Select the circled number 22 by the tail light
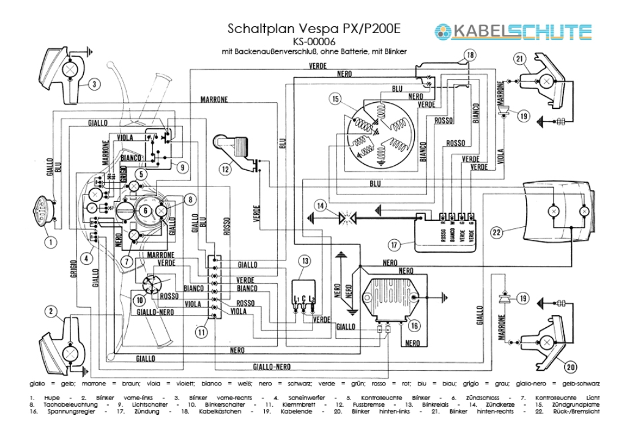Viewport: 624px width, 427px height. pyautogui.click(x=497, y=232)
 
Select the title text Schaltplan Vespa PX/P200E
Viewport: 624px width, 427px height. pyautogui.click(x=315, y=29)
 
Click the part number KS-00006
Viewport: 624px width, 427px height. pyautogui.click(x=315, y=42)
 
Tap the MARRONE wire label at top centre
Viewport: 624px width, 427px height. pyautogui.click(x=214, y=99)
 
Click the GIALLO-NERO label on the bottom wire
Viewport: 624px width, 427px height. pyautogui.click(x=272, y=367)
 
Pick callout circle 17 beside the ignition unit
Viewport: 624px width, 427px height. pyautogui.click(x=393, y=245)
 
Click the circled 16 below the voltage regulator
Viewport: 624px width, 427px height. pyautogui.click(x=414, y=325)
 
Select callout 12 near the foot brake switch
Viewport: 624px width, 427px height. pyautogui.click(x=226, y=167)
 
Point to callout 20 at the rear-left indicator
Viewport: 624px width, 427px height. pyautogui.click(x=570, y=367)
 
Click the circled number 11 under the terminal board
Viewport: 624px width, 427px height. pyautogui.click(x=202, y=332)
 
